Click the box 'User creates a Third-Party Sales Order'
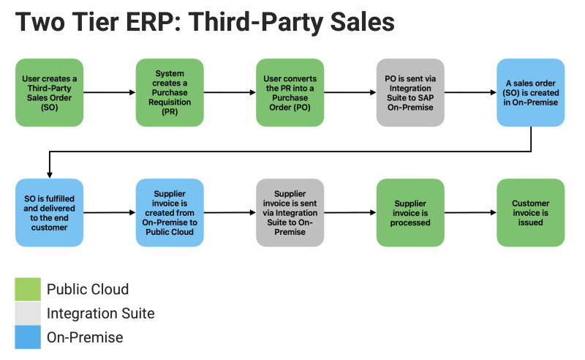click(49, 92)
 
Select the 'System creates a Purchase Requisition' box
click(170, 92)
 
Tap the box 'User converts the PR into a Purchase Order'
click(290, 92)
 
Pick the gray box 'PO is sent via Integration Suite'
click(410, 92)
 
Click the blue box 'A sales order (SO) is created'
click(530, 92)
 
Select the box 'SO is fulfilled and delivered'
click(49, 212)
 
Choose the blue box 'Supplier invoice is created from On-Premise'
click(170, 212)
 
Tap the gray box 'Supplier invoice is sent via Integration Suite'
click(290, 212)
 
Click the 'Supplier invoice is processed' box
click(410, 212)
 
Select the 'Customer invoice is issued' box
click(530, 212)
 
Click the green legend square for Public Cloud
click(28, 289)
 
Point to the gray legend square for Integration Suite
click(28, 313)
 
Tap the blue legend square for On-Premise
click(28, 337)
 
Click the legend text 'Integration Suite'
click(101, 313)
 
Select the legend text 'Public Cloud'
click(88, 289)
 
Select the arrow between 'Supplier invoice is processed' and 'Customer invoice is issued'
click(470, 213)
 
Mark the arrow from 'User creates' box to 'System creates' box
click(109, 93)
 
